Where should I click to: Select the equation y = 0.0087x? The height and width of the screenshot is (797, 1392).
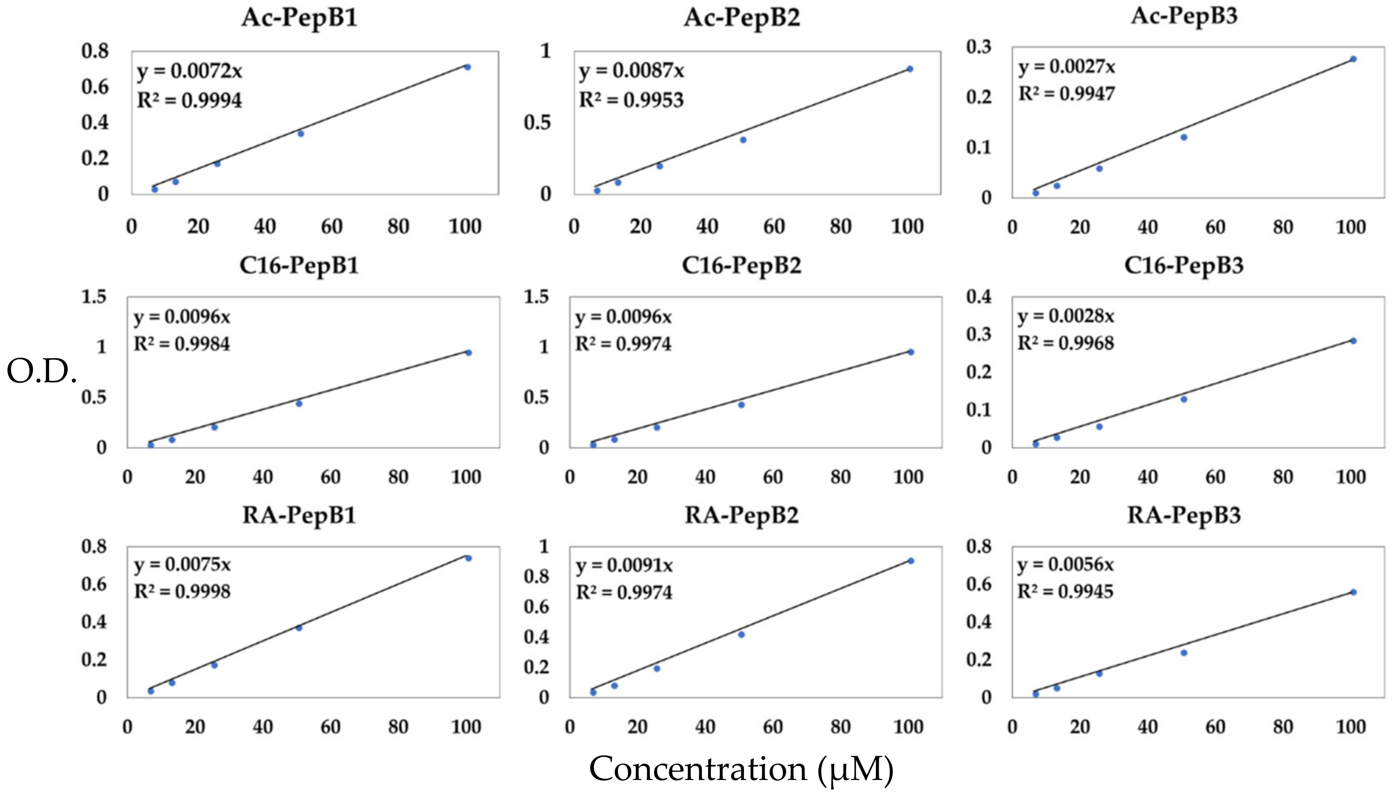click(631, 71)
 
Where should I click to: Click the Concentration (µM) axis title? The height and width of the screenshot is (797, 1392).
click(741, 769)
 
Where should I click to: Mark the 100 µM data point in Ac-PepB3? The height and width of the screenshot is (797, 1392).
click(1352, 59)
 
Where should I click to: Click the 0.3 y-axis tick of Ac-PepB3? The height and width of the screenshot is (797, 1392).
click(979, 47)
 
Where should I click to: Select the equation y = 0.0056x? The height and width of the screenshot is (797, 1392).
click(1065, 564)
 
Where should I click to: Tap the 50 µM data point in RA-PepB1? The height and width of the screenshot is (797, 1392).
click(299, 628)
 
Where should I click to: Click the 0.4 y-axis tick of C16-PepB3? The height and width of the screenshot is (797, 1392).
click(979, 296)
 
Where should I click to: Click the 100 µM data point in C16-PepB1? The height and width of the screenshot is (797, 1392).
click(468, 352)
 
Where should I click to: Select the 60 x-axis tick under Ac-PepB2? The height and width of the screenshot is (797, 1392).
click(774, 227)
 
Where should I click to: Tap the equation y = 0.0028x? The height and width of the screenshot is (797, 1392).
click(1066, 317)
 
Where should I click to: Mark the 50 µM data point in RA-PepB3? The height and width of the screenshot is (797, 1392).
click(1183, 653)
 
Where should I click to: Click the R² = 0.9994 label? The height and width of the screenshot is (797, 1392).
click(189, 101)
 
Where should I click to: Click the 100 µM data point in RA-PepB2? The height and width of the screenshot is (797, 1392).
click(911, 561)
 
